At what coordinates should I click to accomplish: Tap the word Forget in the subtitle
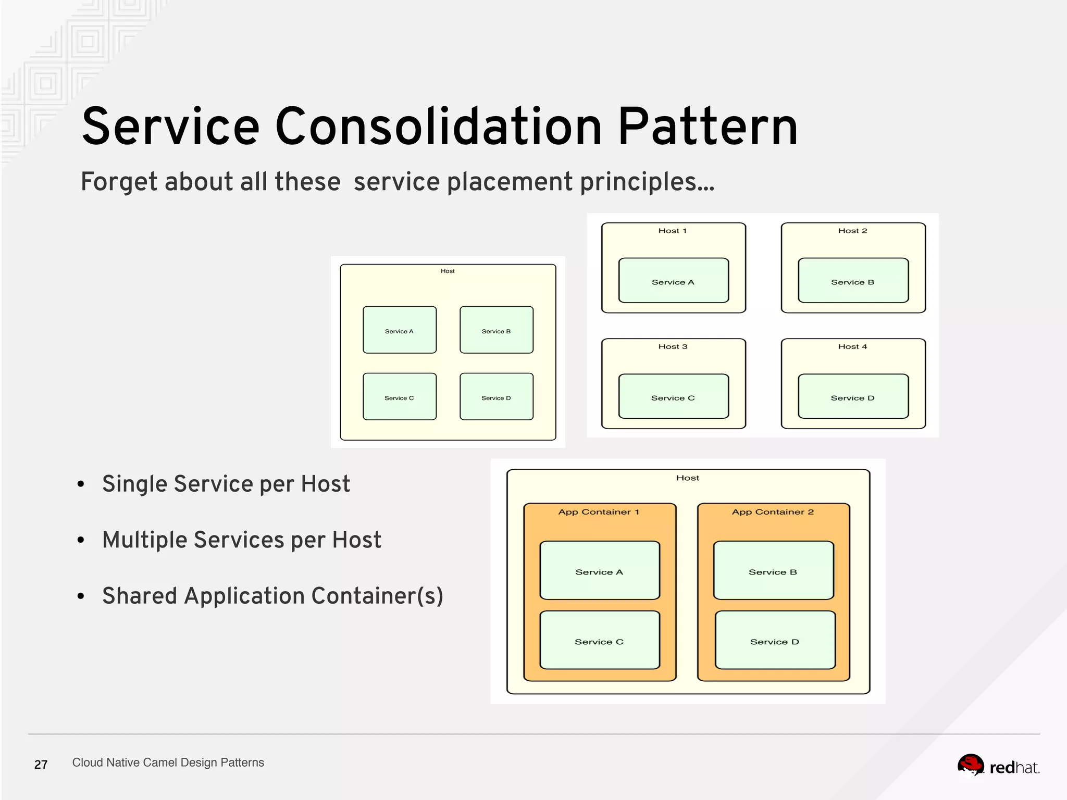click(x=119, y=182)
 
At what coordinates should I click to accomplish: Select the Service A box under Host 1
click(x=673, y=280)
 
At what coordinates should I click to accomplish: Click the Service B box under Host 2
click(x=853, y=280)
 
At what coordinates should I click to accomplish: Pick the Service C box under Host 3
click(x=673, y=396)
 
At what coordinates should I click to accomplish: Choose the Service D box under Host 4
click(x=853, y=396)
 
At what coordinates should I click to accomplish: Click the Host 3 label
click(x=673, y=346)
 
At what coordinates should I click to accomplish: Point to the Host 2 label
click(x=852, y=231)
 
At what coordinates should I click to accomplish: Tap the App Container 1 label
click(x=598, y=512)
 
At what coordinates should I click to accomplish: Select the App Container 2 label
click(x=772, y=512)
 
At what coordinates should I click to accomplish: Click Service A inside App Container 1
click(x=599, y=570)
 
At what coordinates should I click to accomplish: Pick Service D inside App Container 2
click(x=775, y=640)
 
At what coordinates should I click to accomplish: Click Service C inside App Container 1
click(x=599, y=640)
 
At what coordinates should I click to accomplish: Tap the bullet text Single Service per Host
click(x=226, y=484)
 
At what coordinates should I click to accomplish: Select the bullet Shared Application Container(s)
click(x=272, y=596)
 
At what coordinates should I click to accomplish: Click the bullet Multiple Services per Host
click(x=241, y=540)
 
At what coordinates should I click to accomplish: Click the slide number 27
click(x=41, y=765)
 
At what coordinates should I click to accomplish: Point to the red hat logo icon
click(x=971, y=766)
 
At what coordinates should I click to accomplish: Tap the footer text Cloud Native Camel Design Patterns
click(x=168, y=762)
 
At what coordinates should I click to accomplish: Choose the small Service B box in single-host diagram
click(x=496, y=330)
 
